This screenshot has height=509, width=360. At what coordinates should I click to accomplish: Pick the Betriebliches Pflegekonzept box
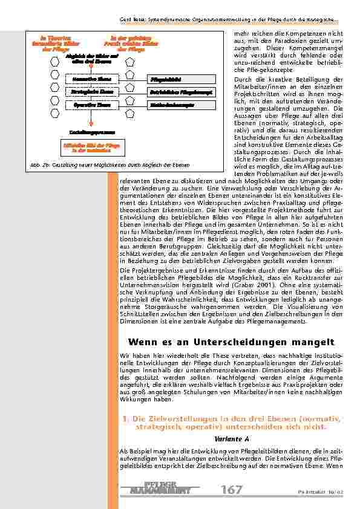coord(172,92)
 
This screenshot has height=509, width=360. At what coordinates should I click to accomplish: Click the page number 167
coord(232,490)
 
